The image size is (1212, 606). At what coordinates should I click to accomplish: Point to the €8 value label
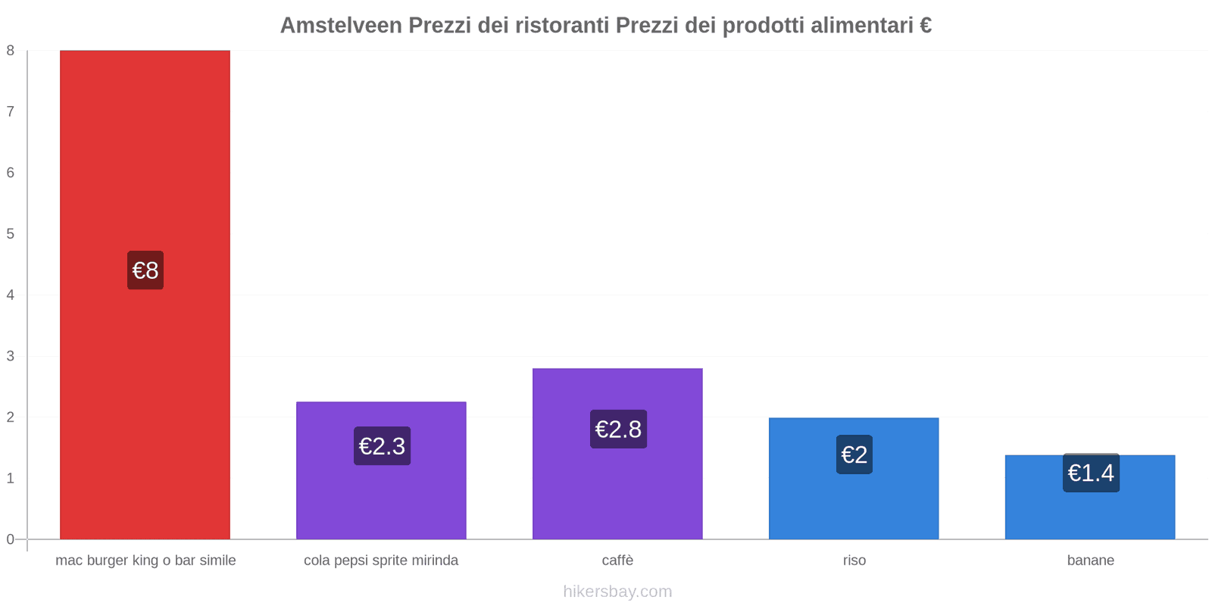(x=145, y=270)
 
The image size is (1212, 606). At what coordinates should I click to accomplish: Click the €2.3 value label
(x=382, y=446)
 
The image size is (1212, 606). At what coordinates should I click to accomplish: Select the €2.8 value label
(x=618, y=430)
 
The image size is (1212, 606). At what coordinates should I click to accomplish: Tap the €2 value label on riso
(x=854, y=454)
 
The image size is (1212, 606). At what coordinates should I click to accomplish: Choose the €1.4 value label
(x=1091, y=473)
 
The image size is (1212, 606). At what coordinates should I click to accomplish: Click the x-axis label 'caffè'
(x=617, y=561)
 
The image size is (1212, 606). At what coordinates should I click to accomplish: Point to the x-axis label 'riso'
(x=854, y=561)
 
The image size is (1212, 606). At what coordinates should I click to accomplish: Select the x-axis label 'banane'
(x=1091, y=561)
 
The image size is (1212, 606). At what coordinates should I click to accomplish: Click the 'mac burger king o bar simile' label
(x=145, y=561)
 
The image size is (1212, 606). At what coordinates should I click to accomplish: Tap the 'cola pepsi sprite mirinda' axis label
(x=381, y=561)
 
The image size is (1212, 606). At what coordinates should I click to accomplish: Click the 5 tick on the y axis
(x=11, y=233)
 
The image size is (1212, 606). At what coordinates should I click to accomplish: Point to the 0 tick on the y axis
(x=11, y=539)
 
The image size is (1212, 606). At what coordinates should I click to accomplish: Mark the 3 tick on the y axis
(x=11, y=356)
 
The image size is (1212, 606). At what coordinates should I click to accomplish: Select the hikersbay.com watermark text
(x=617, y=592)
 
